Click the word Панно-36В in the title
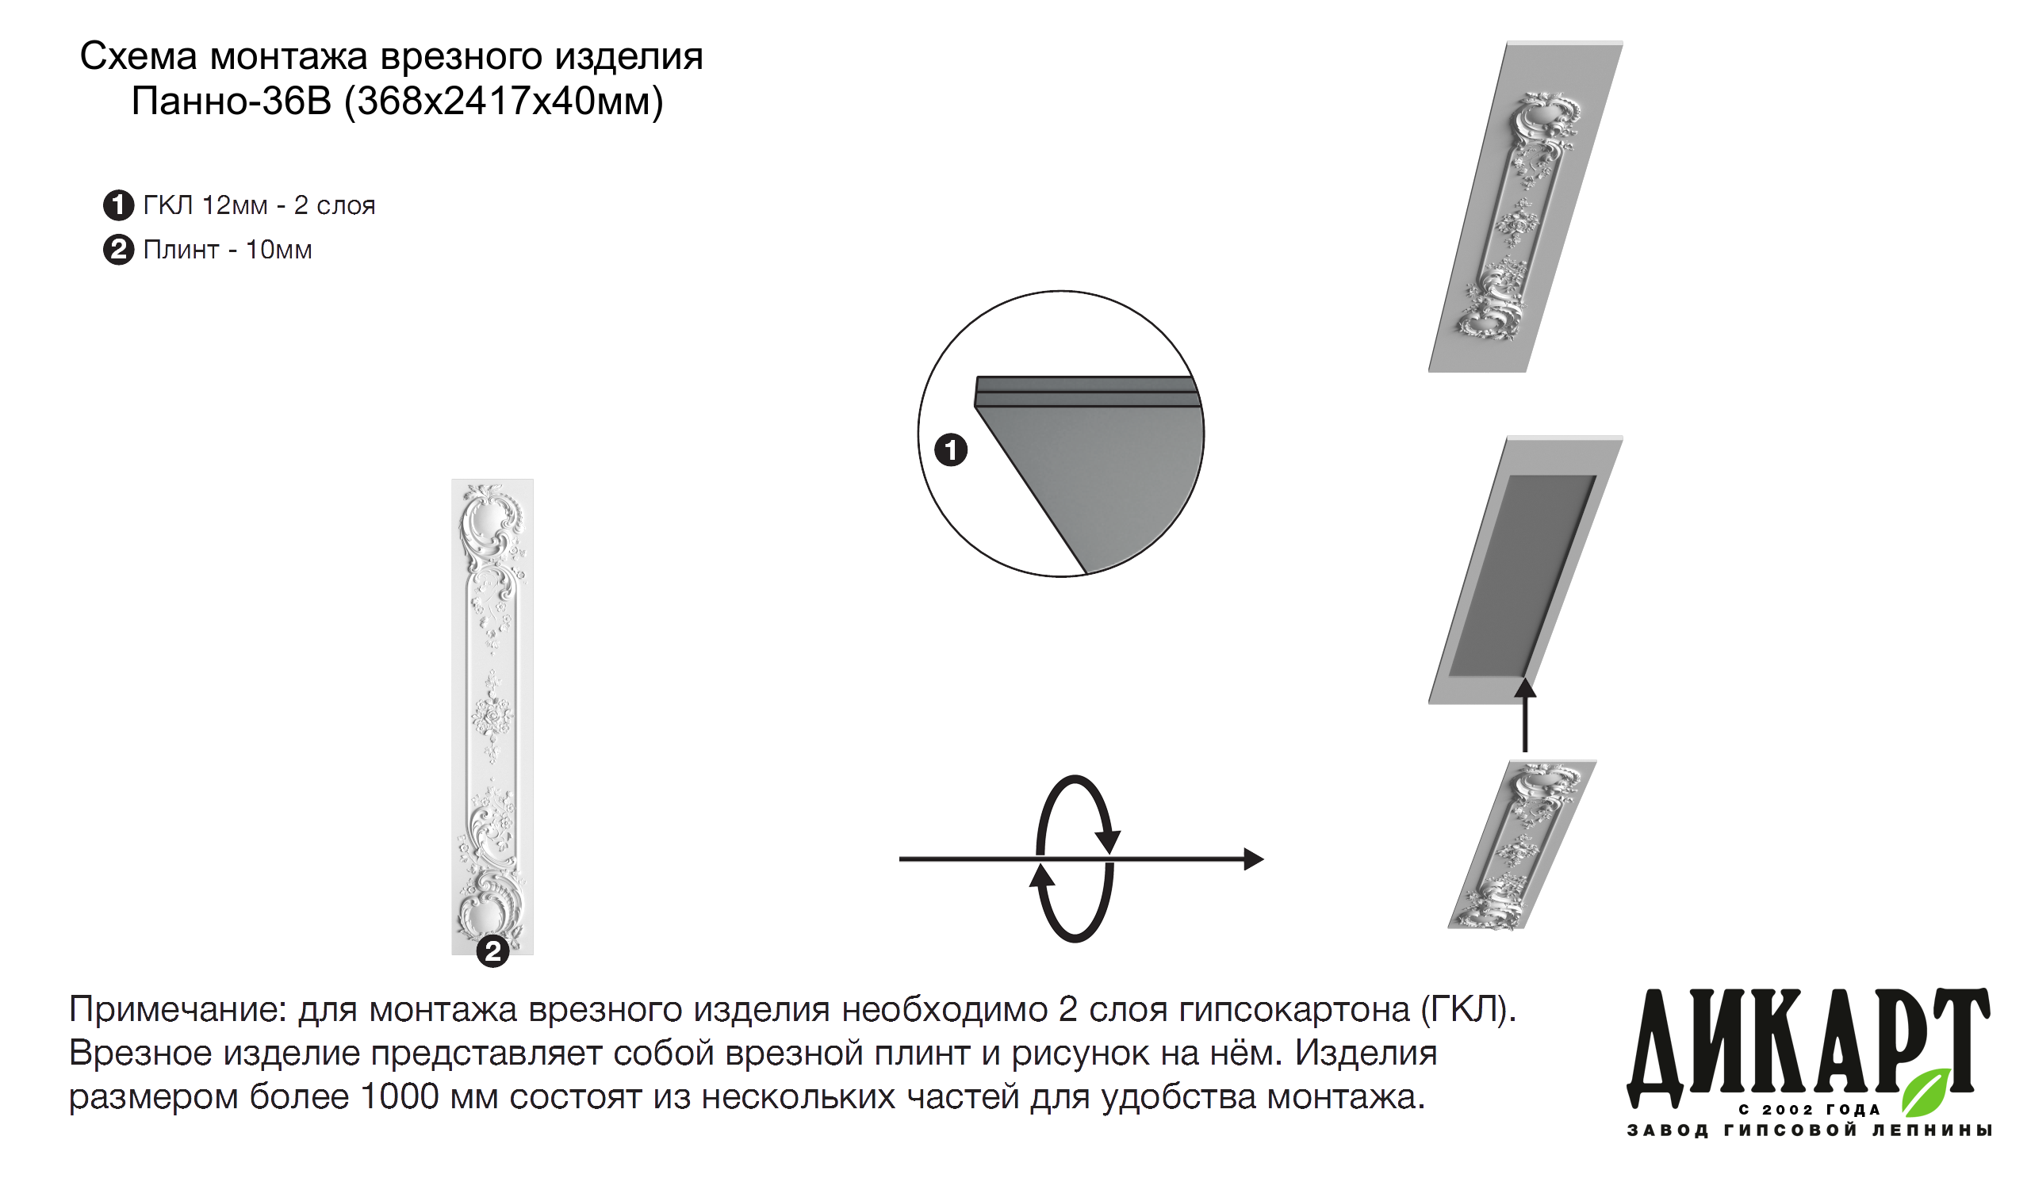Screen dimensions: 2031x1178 pos(232,101)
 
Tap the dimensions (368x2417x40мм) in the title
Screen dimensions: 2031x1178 pos(504,102)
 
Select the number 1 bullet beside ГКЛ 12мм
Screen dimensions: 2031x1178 pos(118,205)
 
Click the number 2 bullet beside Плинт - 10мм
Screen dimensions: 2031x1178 pos(118,250)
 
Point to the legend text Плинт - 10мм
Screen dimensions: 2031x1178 pos(228,250)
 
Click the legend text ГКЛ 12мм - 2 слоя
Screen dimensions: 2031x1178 pos(259,205)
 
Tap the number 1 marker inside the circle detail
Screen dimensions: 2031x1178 pos(951,449)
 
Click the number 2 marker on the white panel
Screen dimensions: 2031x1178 pos(492,951)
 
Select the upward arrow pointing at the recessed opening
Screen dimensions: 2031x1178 pos(1525,715)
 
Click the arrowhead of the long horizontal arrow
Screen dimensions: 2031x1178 pos(1253,859)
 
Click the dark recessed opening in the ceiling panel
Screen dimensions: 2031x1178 pos(1523,576)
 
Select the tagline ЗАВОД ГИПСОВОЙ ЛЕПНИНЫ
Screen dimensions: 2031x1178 pos(1810,1130)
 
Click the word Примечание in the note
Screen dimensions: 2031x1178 pos(178,1010)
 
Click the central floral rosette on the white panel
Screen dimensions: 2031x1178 pos(492,716)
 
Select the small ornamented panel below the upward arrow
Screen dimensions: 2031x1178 pos(1522,845)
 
